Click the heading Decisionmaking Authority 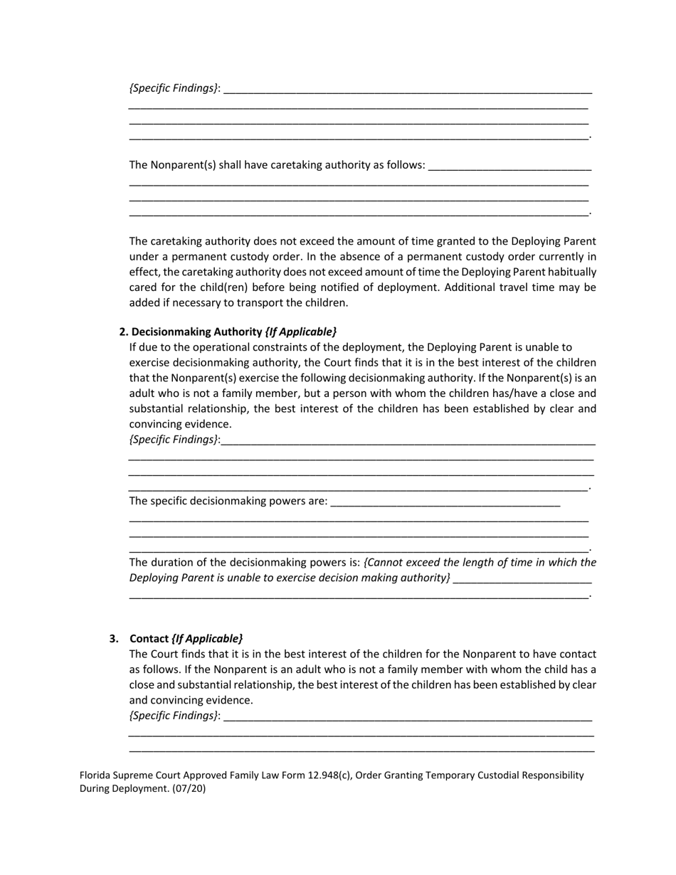click(x=197, y=332)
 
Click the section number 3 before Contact click(x=114, y=638)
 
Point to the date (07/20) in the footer click(x=189, y=788)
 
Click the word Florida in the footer click(x=95, y=775)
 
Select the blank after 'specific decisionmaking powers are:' click(x=445, y=501)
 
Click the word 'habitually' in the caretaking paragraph click(x=571, y=272)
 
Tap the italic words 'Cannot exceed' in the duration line click(x=397, y=562)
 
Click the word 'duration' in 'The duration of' click(x=171, y=562)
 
